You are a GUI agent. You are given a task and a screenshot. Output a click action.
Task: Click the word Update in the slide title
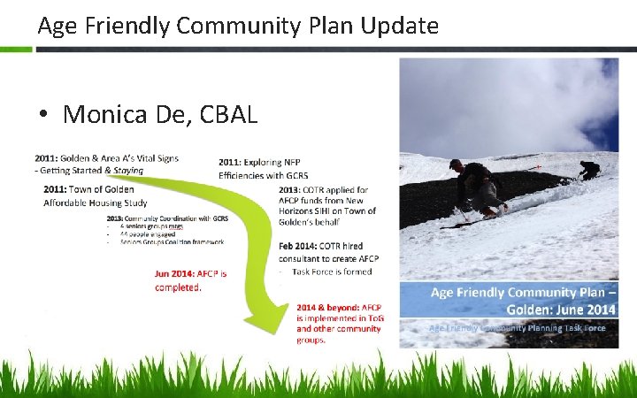(x=402, y=26)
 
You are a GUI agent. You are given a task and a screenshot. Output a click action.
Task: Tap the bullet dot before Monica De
(x=42, y=115)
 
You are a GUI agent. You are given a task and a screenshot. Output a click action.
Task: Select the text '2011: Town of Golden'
(x=88, y=189)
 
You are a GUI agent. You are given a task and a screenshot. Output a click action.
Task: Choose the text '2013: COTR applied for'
(x=323, y=189)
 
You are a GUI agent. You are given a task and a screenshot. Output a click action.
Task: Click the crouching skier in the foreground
(x=478, y=187)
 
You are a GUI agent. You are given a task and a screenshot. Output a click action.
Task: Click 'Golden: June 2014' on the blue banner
(x=561, y=310)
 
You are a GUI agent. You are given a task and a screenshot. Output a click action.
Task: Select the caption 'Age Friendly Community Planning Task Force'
(x=517, y=327)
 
